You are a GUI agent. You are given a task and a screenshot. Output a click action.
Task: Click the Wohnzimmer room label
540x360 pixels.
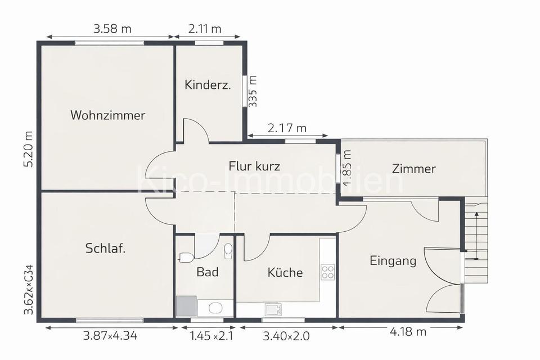click(x=107, y=115)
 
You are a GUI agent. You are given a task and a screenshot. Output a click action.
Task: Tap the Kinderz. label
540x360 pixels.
click(x=208, y=85)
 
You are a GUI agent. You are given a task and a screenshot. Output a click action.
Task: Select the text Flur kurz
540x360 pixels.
click(x=254, y=166)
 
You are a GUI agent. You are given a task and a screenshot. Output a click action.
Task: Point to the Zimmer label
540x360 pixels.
click(x=414, y=168)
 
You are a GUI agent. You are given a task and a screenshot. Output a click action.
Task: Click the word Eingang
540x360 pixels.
click(x=393, y=260)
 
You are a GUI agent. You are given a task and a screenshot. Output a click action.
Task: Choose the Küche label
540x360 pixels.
click(x=285, y=273)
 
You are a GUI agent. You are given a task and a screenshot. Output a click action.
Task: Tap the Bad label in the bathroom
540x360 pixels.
click(x=207, y=272)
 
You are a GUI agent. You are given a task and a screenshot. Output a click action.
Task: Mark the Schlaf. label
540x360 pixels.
click(x=105, y=248)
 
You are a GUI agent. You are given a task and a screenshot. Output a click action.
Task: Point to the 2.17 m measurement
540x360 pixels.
click(x=287, y=128)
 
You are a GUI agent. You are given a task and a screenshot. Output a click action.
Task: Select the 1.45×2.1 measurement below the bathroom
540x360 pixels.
click(x=210, y=336)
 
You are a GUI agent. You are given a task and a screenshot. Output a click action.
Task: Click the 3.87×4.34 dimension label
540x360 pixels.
click(x=110, y=336)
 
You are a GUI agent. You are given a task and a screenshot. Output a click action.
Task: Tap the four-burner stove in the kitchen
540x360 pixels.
click(x=327, y=272)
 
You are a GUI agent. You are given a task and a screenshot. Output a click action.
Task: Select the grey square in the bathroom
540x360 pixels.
click(x=186, y=306)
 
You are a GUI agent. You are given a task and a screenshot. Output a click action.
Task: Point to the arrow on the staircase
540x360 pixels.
click(x=477, y=236)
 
